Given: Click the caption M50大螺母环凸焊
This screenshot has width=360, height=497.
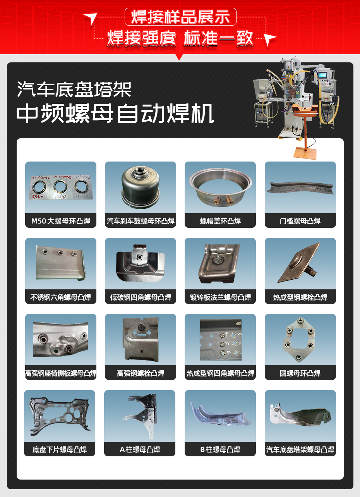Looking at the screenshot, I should tap(61, 221).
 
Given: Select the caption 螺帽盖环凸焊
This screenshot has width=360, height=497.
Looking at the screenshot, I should tap(220, 221).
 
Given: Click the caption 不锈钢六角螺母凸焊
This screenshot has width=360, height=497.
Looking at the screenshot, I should tap(61, 298).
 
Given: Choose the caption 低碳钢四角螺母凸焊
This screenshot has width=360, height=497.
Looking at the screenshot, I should tap(141, 298).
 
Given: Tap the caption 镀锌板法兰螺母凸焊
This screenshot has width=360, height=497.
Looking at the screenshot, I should tap(220, 298).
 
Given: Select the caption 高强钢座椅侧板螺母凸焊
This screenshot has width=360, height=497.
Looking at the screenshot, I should tap(61, 373).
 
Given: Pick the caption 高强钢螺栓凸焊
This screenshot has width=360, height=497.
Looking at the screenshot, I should tap(141, 373).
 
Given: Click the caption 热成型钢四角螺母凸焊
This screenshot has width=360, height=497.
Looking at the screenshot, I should tap(220, 373).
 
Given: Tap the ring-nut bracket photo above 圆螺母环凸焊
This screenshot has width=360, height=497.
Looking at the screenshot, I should tap(300, 339).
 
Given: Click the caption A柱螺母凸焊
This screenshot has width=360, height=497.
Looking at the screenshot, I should tap(140, 450).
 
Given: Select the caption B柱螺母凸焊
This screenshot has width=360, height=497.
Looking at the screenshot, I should tap(220, 450).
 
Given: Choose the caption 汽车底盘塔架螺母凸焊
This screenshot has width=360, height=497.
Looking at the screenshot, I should tap(300, 450).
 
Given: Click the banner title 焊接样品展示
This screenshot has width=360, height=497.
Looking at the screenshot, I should tap(180, 17).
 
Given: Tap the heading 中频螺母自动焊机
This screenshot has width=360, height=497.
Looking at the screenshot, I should tap(115, 113).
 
